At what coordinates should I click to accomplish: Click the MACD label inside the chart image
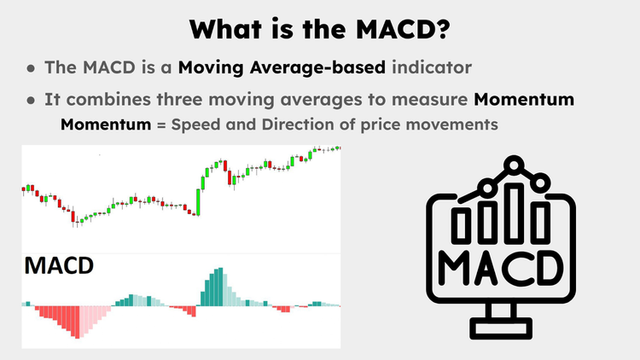[59, 265]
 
